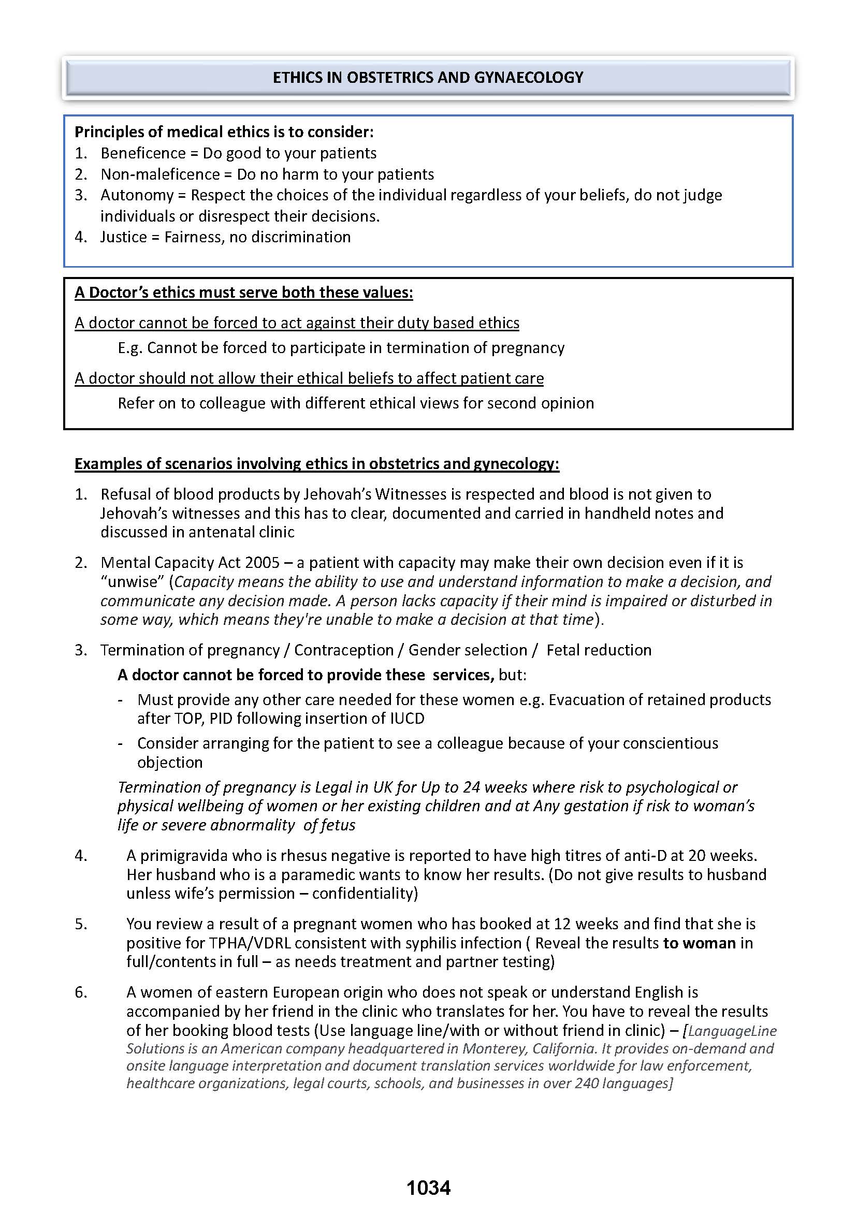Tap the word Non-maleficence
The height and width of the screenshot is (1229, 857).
coord(160,174)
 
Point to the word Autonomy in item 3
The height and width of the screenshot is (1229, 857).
coord(137,195)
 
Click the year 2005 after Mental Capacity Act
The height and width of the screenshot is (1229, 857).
coord(263,563)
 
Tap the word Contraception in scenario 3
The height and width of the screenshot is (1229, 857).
coord(344,650)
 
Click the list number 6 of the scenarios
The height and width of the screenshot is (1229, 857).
coord(80,992)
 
